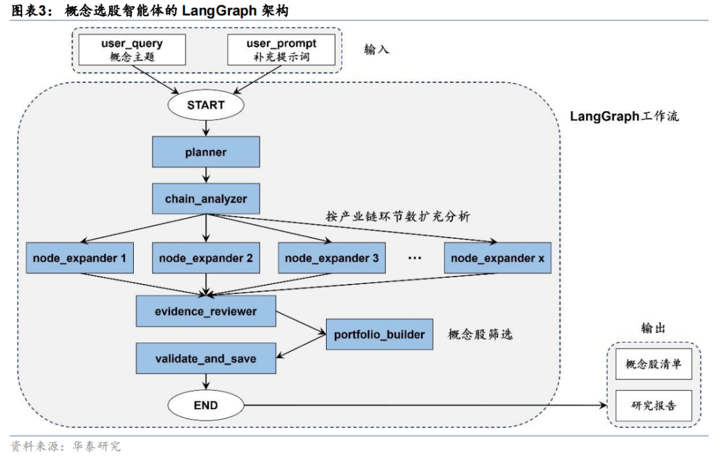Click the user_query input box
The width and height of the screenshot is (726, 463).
(132, 50)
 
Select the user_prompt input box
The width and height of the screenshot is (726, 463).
(281, 50)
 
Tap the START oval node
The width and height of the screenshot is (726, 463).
(206, 105)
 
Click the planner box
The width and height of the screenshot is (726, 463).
(206, 152)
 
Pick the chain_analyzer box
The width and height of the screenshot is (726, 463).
(206, 199)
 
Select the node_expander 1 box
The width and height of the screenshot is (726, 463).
(79, 258)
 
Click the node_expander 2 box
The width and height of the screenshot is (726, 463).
(206, 258)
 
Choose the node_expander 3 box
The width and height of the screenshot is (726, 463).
(331, 258)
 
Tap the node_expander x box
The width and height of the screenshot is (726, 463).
(497, 258)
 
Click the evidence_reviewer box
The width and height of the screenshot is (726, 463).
(206, 312)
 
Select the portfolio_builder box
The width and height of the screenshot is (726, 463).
(379, 334)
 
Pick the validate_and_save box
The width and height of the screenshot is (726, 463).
(206, 358)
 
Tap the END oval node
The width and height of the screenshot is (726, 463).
(206, 405)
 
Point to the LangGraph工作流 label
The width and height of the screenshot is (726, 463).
(624, 116)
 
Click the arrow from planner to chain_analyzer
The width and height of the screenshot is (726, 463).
(206, 176)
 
